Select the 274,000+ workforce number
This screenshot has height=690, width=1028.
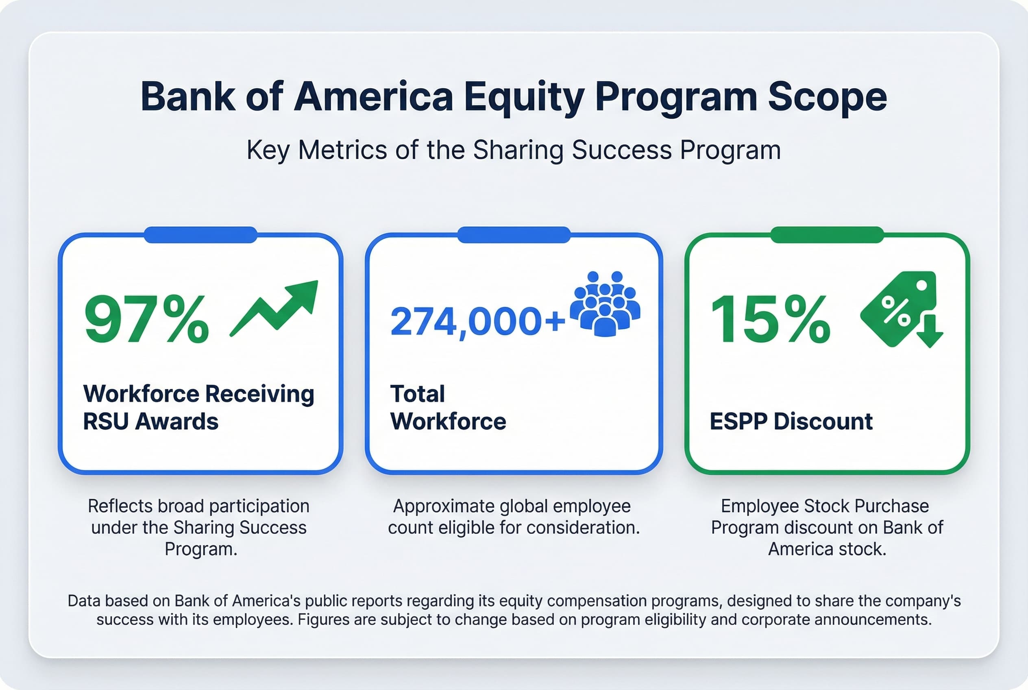point(477,322)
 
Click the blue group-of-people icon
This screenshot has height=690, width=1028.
point(605,304)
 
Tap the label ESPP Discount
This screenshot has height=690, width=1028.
point(791,421)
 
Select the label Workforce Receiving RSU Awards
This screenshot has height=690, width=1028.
point(198,408)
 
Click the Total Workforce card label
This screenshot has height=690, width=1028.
point(447,408)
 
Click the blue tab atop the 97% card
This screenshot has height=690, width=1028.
point(200,235)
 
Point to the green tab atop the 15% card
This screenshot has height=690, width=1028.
point(827,235)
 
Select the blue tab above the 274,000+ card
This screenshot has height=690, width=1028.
point(514,235)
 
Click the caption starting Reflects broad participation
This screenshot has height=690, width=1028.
point(199,527)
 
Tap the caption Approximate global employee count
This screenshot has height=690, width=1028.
point(513,517)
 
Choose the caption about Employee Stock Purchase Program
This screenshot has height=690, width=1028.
point(827,527)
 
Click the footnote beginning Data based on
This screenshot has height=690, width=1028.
point(514,610)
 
